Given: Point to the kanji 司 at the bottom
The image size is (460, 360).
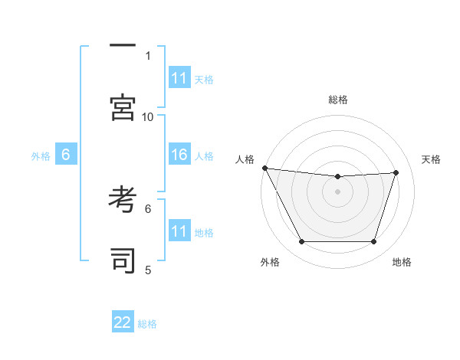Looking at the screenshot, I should tap(122, 261).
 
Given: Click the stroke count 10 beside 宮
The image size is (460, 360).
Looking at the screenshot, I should tap(148, 116).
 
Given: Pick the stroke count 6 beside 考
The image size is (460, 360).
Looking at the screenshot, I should tap(148, 208).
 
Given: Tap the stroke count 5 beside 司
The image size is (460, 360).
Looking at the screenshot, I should tap(148, 270).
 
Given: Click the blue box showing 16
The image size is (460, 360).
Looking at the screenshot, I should tap(179, 155).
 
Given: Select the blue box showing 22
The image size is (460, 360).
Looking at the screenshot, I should tap(123, 323).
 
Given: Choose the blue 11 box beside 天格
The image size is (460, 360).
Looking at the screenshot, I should tap(179, 78).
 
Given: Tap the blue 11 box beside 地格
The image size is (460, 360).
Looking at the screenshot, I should tap(179, 231).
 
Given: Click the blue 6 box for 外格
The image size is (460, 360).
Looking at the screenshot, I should tap(66, 155).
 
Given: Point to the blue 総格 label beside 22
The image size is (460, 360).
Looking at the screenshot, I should tap(147, 324).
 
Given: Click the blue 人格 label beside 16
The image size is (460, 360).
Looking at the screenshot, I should tap(204, 156).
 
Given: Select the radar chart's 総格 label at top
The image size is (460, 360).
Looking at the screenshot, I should tap(338, 100).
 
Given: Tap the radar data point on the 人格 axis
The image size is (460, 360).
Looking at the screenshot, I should tap(264, 168).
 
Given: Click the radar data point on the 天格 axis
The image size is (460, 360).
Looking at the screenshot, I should tap(396, 172).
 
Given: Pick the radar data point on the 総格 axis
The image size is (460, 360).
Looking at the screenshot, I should tap(338, 177).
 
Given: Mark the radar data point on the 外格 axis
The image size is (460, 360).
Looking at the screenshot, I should tap(301, 242).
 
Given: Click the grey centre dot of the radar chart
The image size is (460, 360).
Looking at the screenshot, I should tap(338, 191).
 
